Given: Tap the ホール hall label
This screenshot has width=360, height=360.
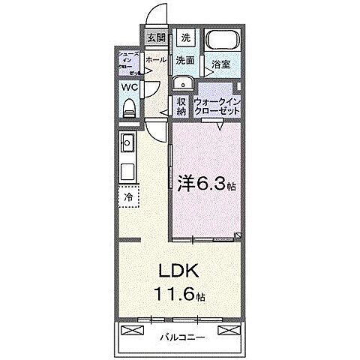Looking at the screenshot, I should (x=155, y=59).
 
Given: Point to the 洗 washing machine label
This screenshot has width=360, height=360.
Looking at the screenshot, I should (x=185, y=37).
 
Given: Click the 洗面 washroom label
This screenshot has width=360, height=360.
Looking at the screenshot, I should (x=185, y=59).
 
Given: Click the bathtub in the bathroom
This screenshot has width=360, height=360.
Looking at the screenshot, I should (x=220, y=41).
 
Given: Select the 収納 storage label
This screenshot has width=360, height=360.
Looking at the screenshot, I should (x=181, y=106).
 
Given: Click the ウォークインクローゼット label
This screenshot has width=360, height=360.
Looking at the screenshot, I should (x=217, y=106).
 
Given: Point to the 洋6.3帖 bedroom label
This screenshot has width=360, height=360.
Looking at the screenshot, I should (x=206, y=184).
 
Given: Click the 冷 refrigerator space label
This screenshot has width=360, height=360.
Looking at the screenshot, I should (x=128, y=196).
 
